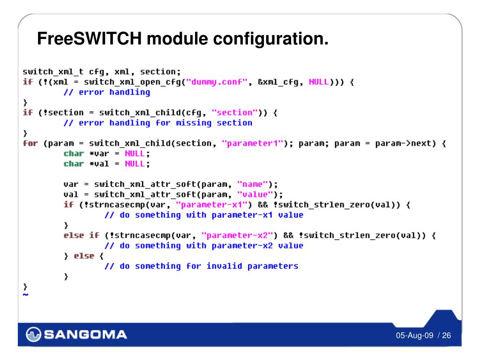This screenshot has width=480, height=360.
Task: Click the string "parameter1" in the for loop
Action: [252, 143]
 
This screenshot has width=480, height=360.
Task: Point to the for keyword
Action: [30, 143]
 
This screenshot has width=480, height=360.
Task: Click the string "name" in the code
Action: [253, 184]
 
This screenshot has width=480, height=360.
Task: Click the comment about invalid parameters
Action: [201, 266]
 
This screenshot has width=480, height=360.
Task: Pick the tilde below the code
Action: [25, 294]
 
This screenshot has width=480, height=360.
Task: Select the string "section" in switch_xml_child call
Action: [237, 112]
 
